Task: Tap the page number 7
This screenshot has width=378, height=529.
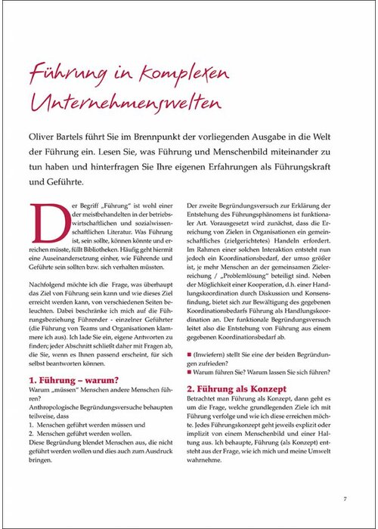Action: coord(344,498)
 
